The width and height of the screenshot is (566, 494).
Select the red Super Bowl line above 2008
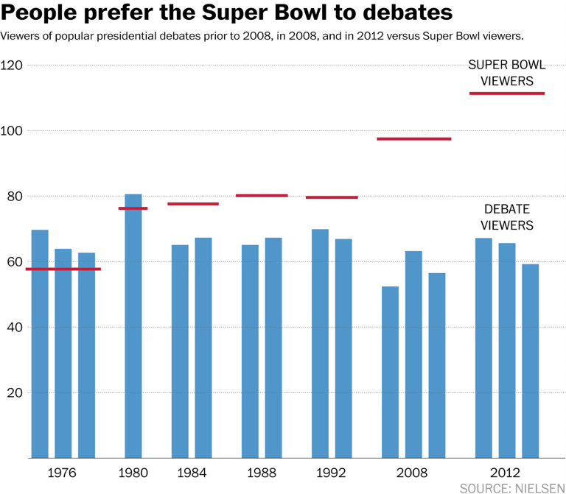(413, 138)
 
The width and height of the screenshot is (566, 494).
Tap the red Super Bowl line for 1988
(262, 195)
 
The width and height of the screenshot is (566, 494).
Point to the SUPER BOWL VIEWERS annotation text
(507, 73)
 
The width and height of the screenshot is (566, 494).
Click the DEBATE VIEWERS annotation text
(507, 217)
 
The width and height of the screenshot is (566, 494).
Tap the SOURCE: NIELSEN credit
(511, 487)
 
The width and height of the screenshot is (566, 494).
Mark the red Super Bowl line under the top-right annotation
(507, 93)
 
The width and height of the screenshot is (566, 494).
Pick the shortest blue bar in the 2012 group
(530, 361)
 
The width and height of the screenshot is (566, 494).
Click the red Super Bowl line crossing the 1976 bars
(63, 269)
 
